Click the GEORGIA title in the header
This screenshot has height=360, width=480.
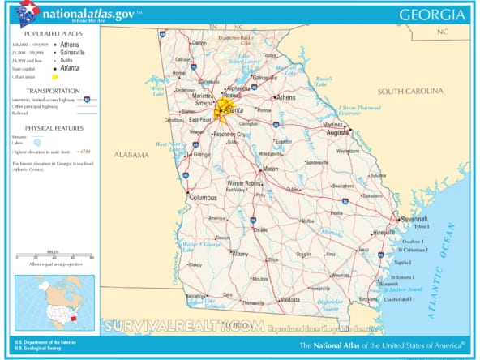coord(433,14)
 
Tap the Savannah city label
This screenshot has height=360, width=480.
coord(414,219)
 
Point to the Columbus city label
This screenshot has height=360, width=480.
coord(203,197)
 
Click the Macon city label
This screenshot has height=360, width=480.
coord(271,169)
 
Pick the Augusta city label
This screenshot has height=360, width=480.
coord(338,131)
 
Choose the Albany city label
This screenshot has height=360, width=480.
coord(241,254)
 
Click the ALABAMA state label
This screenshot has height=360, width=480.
coord(131,155)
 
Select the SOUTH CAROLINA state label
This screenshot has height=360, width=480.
coord(413,91)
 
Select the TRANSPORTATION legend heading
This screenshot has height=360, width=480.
coord(53,90)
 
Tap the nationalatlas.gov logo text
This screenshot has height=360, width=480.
coord(87,14)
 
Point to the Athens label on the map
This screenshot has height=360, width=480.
coord(286,97)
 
